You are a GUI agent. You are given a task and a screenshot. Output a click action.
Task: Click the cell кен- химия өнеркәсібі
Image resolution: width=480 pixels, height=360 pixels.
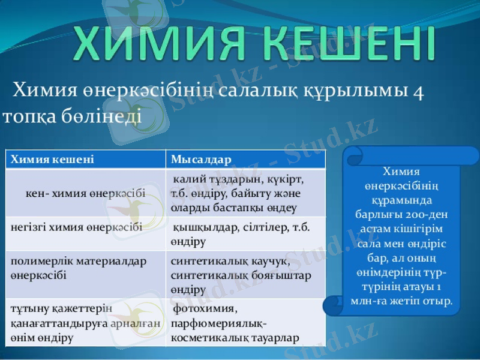pos(85,194)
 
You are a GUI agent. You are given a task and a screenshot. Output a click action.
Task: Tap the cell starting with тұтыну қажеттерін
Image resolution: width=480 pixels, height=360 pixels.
pos(84,323)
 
